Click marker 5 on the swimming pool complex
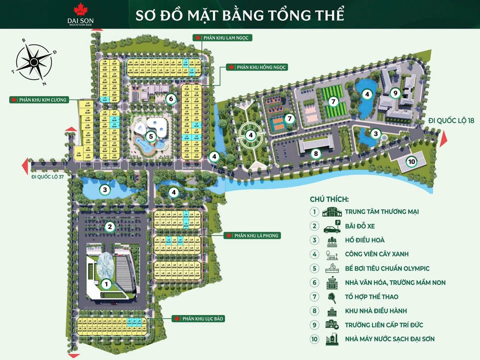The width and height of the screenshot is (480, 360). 150,135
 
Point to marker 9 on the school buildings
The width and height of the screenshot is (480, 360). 395,92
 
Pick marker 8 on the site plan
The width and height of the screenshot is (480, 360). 315,153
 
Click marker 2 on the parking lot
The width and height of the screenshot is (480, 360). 109,227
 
